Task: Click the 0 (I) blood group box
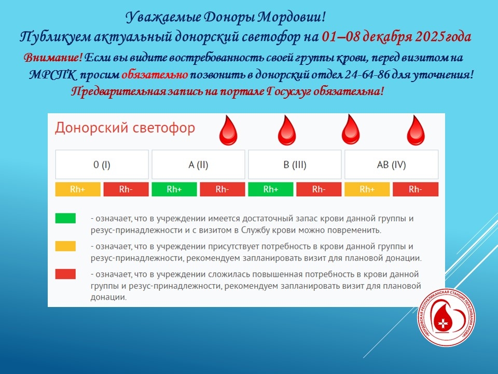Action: coord(102,165)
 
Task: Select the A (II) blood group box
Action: coord(198,165)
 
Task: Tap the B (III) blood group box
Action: coord(295,165)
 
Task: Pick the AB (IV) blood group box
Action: coord(391,165)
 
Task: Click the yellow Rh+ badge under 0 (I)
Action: coord(77,190)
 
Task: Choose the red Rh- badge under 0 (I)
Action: coord(126,190)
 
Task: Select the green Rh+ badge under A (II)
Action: coord(174,190)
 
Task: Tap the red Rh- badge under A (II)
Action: coord(223,190)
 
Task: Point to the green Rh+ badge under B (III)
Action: coord(270,190)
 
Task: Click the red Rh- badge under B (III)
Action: coord(319,190)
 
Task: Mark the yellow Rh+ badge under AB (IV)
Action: coord(367,190)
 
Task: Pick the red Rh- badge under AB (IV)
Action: coord(416,190)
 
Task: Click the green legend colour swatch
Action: coord(65,218)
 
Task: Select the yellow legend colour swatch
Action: coord(65,246)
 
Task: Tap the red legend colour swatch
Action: coord(65,274)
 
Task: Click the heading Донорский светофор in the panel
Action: coord(125,128)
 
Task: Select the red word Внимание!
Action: coord(52,57)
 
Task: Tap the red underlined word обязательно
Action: coord(155,75)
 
